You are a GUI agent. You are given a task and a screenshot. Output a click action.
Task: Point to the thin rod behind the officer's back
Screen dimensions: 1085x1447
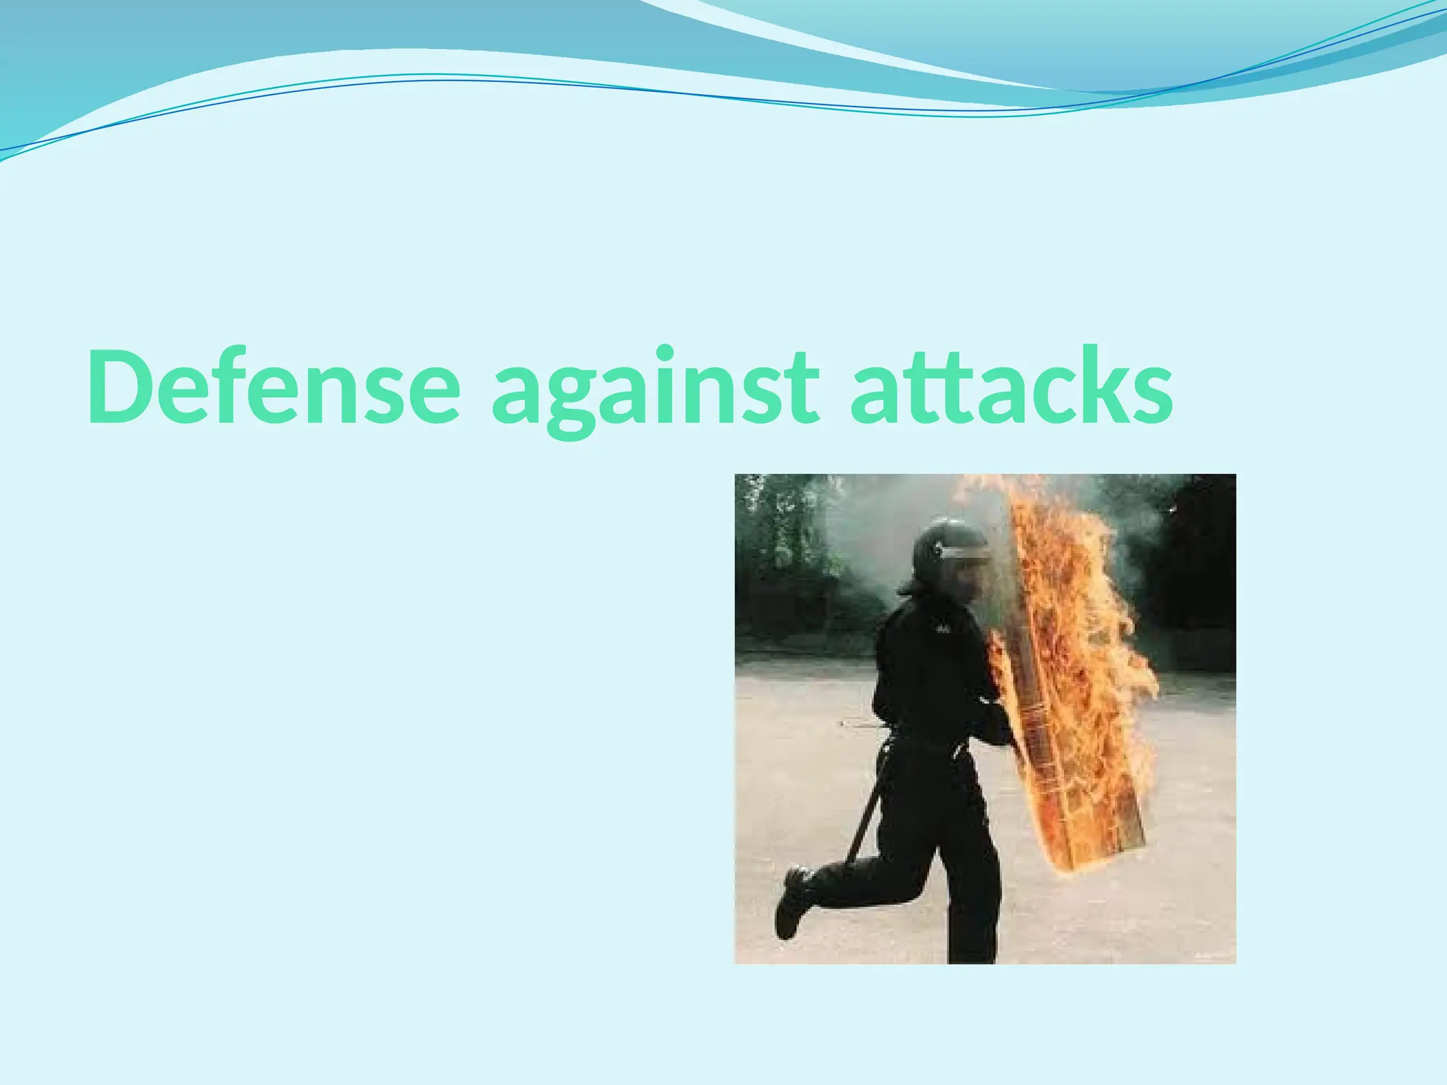tap(862, 723)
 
